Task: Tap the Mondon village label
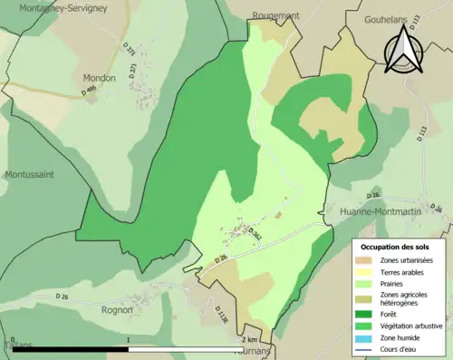(x=100, y=78)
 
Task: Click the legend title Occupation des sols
(x=396, y=246)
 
